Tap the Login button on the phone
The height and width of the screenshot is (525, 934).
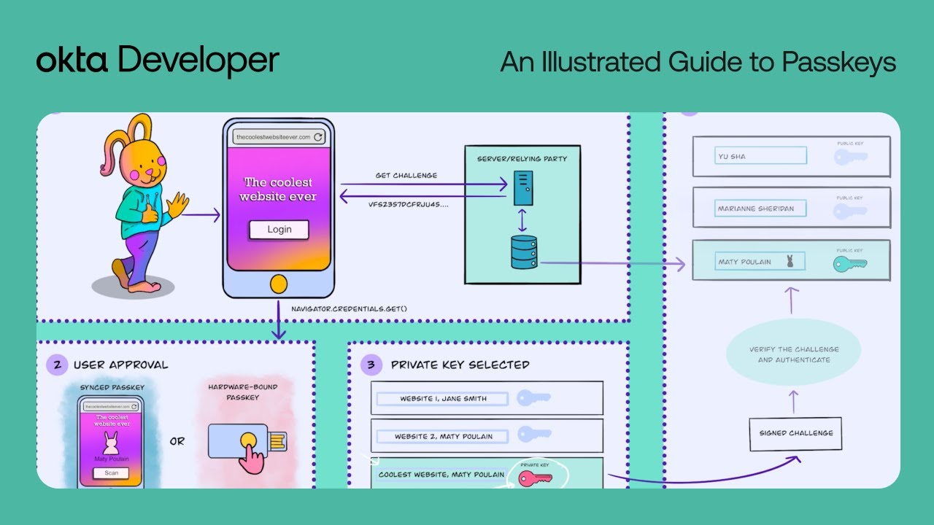(279, 230)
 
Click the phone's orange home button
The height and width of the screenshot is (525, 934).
(277, 283)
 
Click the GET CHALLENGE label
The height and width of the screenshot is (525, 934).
(406, 176)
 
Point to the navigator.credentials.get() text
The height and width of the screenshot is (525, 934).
(349, 308)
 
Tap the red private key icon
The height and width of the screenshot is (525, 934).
(535, 478)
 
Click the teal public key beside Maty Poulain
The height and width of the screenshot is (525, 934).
(849, 264)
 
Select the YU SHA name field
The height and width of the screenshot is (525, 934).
(760, 156)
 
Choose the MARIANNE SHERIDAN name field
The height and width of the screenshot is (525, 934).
(760, 209)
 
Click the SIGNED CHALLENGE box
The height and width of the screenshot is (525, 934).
(795, 433)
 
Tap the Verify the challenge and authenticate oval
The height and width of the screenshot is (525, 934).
(794, 354)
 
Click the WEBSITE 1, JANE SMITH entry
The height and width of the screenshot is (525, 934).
(443, 399)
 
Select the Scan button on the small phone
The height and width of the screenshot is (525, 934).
(112, 473)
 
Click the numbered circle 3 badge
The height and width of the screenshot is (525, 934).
(371, 365)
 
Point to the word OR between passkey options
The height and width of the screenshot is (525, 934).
(177, 441)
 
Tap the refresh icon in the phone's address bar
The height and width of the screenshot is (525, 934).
(318, 137)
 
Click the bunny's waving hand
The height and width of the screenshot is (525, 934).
(177, 205)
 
